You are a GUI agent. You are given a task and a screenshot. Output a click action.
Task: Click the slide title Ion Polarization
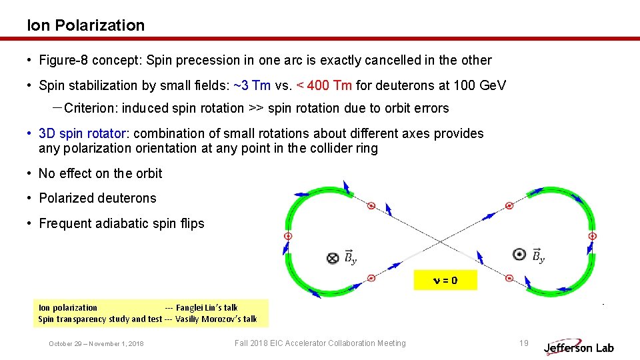pos(85,25)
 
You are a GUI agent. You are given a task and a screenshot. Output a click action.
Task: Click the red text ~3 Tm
pos(252,85)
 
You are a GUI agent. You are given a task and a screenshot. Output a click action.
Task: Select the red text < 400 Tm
pos(324,85)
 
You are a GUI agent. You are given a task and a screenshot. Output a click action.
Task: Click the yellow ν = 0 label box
pos(445,281)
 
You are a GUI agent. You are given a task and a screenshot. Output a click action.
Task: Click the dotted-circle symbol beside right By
pos(519,254)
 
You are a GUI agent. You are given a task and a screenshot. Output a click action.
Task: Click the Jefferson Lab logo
pos(578,347)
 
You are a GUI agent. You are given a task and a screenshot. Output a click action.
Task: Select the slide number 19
pos(524,343)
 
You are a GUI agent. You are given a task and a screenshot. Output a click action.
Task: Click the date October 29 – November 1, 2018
pos(96,344)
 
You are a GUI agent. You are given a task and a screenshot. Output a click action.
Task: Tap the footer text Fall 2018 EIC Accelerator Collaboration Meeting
pos(320,343)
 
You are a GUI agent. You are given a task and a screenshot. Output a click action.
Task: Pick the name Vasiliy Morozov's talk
pos(216,319)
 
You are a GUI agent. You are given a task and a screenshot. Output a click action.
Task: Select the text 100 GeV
pos(479,85)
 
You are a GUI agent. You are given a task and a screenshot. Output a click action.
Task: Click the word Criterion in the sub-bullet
pos(90,108)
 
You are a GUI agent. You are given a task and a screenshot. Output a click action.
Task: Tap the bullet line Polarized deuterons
pos(97,198)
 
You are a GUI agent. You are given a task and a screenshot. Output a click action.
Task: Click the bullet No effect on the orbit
pos(100,173)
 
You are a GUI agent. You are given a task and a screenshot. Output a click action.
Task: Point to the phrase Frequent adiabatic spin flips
pos(121,223)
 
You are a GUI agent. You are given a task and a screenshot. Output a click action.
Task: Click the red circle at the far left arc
pos(289,236)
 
